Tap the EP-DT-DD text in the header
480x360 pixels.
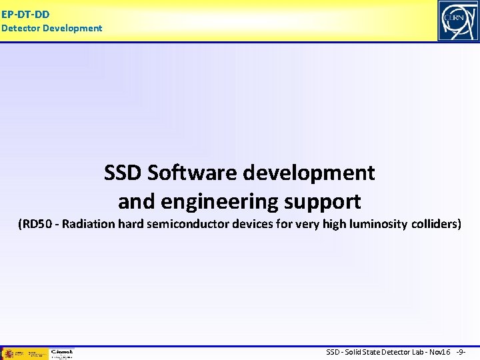click(x=25, y=13)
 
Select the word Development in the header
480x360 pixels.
click(x=72, y=28)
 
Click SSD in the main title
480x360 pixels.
click(x=123, y=173)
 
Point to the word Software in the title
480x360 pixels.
click(x=192, y=173)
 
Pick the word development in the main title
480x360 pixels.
click(x=309, y=173)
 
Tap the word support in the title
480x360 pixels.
click(x=327, y=201)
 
